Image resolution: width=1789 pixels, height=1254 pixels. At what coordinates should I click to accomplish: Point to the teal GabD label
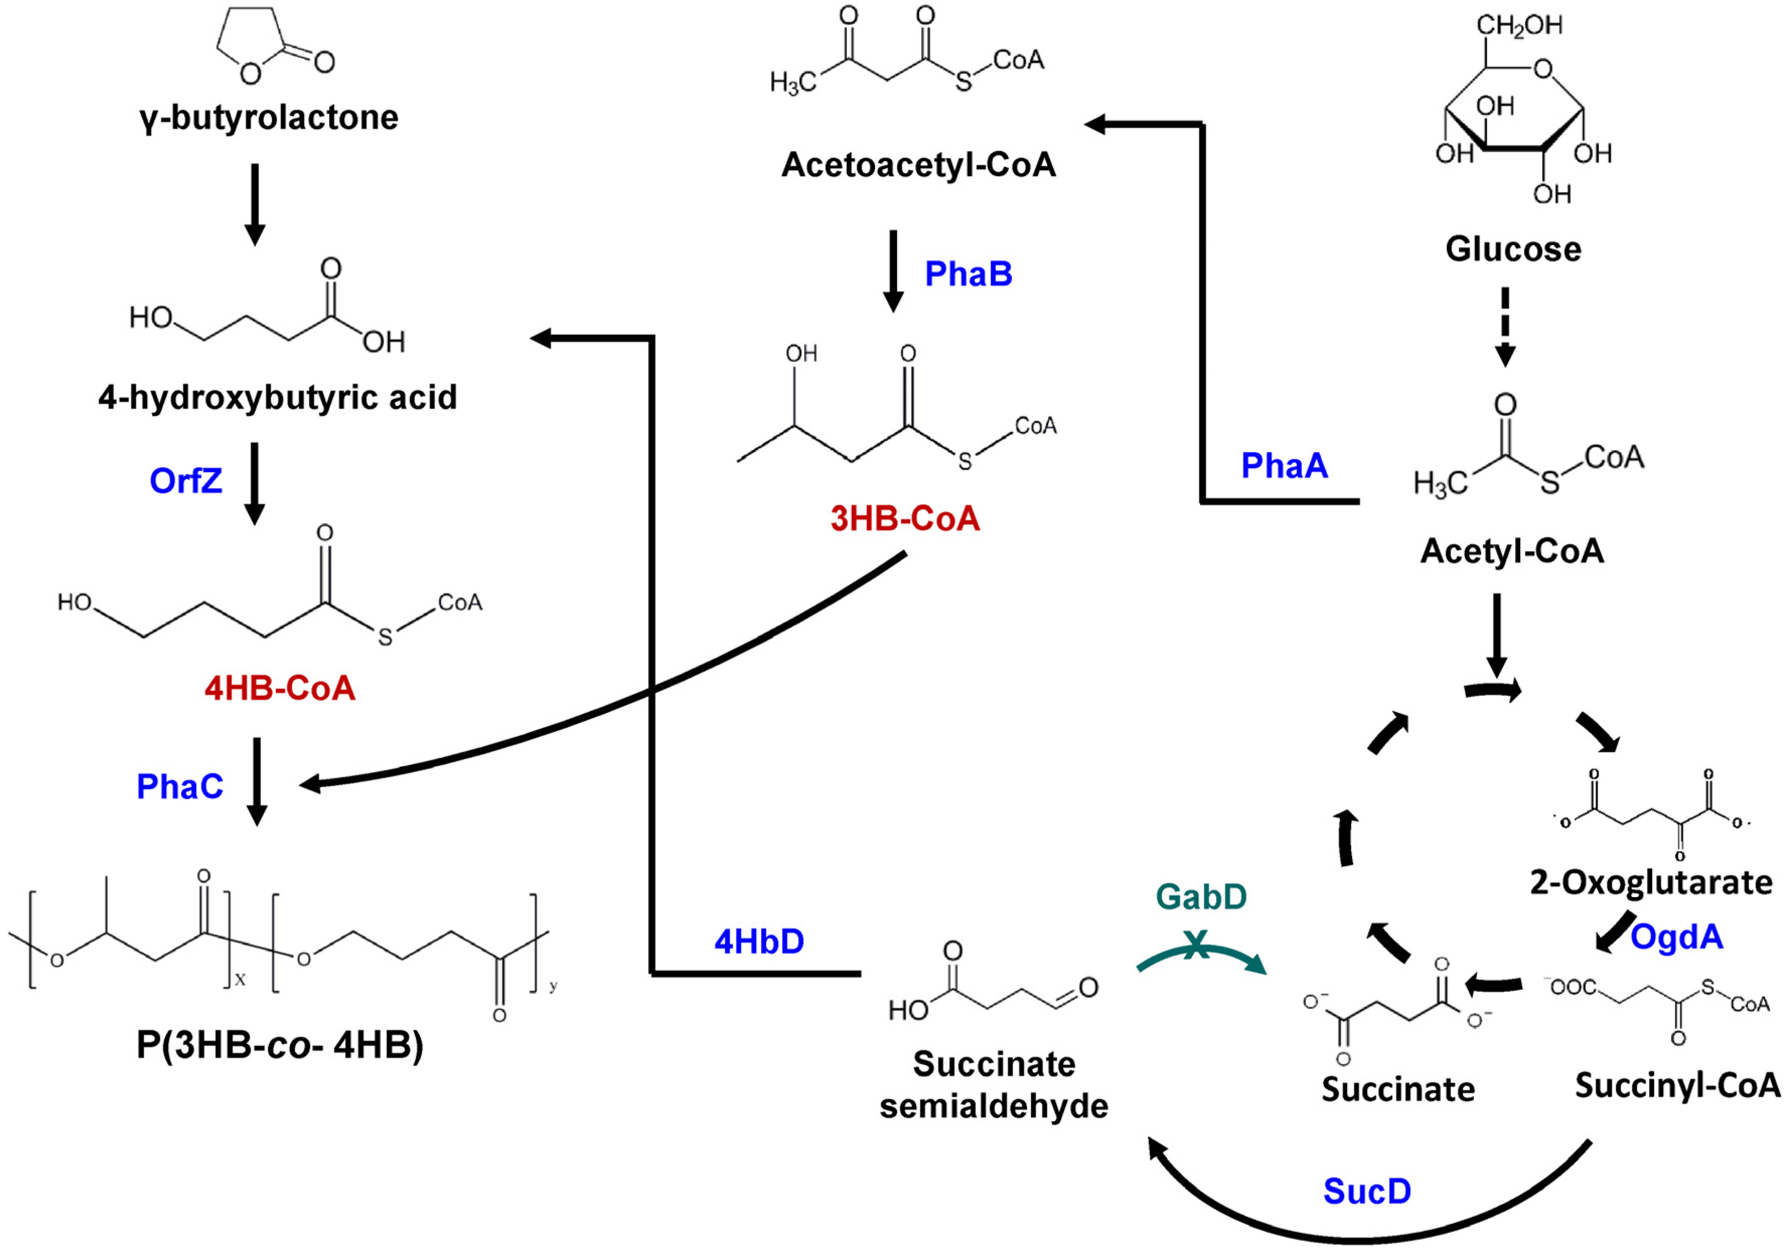point(1201,897)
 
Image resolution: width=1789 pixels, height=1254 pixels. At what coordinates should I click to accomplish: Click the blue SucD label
point(1367,1191)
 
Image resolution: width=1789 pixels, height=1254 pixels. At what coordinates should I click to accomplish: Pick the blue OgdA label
point(1676,937)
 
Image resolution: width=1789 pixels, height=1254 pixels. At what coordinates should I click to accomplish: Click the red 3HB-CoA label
point(905,519)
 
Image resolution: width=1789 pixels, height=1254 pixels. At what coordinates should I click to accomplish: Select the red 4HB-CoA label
point(280,688)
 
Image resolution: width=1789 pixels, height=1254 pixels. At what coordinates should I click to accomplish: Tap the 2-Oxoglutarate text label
point(1650,882)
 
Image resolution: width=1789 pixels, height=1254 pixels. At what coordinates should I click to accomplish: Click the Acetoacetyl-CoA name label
point(919,165)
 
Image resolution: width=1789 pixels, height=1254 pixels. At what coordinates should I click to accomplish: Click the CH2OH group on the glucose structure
point(1519,26)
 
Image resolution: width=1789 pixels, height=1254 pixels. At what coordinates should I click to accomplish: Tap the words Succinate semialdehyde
point(994,1085)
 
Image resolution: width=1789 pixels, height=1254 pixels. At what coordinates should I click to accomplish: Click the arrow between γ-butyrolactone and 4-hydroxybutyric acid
point(255,204)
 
